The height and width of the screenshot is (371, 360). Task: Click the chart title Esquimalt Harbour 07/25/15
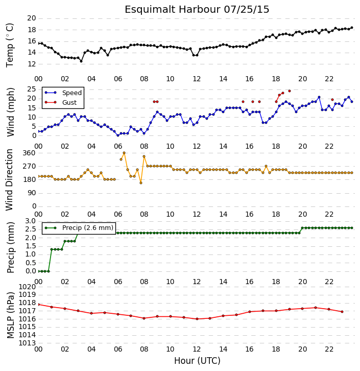[197, 10]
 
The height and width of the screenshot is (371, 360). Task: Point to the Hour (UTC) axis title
[197, 361]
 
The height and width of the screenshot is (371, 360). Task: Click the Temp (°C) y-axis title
[10, 45]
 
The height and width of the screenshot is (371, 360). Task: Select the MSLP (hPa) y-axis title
[10, 315]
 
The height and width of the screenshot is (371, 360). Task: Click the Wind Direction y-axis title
[9, 180]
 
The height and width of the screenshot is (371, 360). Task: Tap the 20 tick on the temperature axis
[32, 18]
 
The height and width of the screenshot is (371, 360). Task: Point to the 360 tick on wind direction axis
[29, 153]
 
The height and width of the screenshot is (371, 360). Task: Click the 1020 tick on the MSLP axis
[27, 287]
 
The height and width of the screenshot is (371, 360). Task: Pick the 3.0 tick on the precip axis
[31, 221]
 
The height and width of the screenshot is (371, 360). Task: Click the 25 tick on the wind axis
[32, 89]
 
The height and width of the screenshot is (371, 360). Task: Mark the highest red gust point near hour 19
[290, 91]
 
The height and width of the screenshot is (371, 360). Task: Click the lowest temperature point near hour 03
[81, 61]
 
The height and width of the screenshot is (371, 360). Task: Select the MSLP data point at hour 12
[197, 319]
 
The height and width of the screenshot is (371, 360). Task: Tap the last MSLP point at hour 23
[342, 312]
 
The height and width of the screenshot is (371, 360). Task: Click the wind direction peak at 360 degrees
[124, 153]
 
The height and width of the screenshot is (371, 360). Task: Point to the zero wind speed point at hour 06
[118, 135]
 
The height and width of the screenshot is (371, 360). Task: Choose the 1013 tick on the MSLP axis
[27, 343]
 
